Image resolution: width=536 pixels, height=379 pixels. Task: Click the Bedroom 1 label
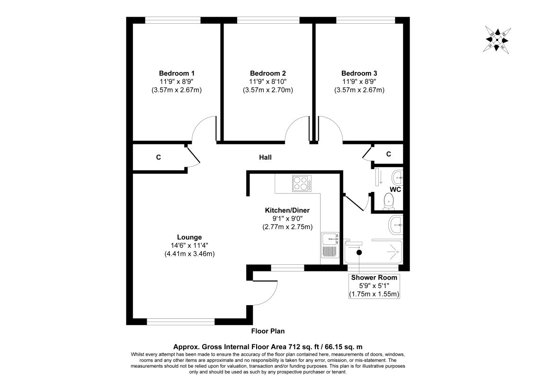click(x=177, y=73)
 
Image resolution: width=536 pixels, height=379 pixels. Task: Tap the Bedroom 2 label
click(x=268, y=73)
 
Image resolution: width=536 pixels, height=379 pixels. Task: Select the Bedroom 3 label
click(x=359, y=73)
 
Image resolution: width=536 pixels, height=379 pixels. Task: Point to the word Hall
click(x=265, y=157)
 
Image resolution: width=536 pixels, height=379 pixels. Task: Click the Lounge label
click(x=189, y=237)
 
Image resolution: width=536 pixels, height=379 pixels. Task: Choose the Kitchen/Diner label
click(x=287, y=210)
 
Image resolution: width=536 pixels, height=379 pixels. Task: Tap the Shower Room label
click(x=374, y=278)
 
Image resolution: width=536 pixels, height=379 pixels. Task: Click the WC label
click(x=395, y=189)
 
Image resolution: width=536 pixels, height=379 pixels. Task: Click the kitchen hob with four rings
click(x=302, y=183)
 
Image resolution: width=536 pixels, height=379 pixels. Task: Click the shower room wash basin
click(x=396, y=225)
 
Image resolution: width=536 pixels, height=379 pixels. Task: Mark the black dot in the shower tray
click(x=359, y=253)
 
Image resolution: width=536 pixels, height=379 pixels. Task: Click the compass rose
click(x=497, y=40)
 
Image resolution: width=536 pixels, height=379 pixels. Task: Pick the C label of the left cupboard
click(x=158, y=157)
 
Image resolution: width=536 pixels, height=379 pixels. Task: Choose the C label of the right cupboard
click(x=389, y=154)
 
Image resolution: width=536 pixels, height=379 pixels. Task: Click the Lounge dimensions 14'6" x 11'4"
click(x=189, y=245)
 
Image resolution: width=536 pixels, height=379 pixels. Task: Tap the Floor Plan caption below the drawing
click(x=268, y=331)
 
